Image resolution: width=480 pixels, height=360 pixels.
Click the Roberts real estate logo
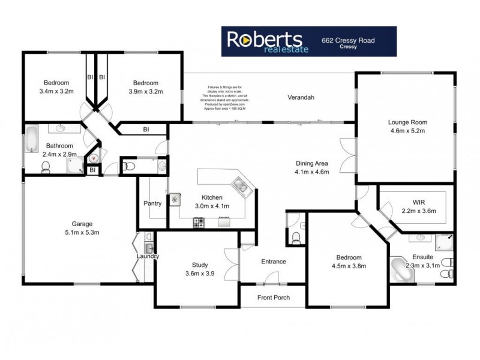[267, 41]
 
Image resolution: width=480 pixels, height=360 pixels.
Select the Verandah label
[301, 97]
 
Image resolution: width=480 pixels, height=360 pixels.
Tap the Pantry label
[152, 203]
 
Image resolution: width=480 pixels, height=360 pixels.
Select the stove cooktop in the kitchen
[199, 223]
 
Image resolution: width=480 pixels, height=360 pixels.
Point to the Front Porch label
[273, 298]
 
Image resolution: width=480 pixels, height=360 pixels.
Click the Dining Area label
[314, 167]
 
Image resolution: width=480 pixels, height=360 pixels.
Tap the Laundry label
[147, 257]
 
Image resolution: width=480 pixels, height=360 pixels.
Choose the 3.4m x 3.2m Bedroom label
[56, 87]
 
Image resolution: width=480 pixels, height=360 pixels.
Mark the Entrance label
[273, 262]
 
